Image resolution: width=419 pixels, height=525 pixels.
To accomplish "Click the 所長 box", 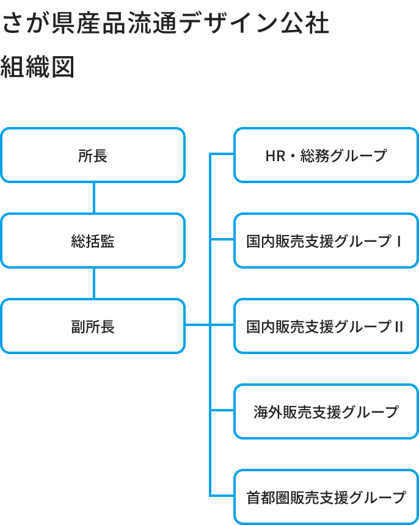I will [92, 155].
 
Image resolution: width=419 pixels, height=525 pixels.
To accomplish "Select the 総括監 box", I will [92, 241].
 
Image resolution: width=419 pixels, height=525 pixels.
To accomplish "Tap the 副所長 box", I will [92, 326].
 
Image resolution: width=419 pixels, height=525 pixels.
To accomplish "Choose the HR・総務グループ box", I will [326, 155].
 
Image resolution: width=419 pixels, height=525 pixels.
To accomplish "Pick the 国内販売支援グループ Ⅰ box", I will [326, 241].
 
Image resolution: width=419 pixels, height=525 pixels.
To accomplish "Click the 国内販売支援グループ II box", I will [326, 326].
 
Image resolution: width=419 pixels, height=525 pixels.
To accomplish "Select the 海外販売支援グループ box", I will [326, 411].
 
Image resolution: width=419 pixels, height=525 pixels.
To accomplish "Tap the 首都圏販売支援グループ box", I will [326, 497].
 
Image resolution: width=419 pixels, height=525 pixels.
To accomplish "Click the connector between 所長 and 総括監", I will [93, 198].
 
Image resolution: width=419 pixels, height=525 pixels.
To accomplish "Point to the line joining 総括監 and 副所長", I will [93, 283].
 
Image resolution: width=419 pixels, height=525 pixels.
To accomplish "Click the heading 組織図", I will [37, 67].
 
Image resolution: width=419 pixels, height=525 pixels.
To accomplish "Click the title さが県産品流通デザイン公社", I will [166, 24].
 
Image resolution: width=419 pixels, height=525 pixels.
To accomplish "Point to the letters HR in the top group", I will [275, 156].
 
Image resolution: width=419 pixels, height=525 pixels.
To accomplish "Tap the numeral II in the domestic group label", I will [398, 327].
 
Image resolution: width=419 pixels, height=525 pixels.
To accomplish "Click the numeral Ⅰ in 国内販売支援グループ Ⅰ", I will [398, 241].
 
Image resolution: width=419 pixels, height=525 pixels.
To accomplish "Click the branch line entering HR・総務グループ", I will [222, 154].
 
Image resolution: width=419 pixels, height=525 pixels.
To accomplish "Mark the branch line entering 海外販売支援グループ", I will [222, 410].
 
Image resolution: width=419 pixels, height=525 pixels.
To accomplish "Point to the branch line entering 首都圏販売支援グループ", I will [222, 495].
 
